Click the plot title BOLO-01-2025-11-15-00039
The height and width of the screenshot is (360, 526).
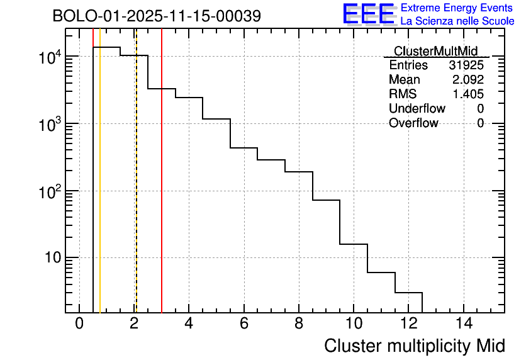click(157, 16)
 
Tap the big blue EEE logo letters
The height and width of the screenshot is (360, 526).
click(369, 14)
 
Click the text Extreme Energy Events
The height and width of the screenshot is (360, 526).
click(457, 8)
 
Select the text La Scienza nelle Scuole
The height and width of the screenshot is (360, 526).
click(457, 21)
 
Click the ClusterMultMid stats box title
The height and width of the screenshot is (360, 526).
click(435, 51)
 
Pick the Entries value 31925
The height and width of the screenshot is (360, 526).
click(466, 65)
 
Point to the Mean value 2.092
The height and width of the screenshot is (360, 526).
click(467, 80)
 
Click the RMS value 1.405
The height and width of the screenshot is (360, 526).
click(467, 94)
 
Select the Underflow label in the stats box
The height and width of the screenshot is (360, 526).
click(417, 109)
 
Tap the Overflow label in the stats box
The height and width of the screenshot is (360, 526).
click(413, 123)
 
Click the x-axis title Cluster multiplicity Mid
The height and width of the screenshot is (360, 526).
click(414, 346)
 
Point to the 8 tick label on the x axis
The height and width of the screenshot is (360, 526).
click(299, 323)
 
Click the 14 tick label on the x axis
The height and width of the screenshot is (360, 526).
click(463, 323)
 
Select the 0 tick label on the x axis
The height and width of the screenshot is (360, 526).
click(79, 323)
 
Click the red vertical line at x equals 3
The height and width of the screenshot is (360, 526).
click(162, 189)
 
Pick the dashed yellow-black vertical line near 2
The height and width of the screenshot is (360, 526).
click(136, 189)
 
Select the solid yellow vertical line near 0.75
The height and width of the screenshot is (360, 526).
click(100, 189)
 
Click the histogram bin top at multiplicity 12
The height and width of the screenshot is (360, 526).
click(408, 293)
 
